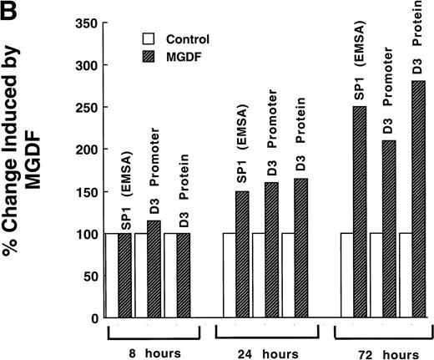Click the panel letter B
click(9, 9)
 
